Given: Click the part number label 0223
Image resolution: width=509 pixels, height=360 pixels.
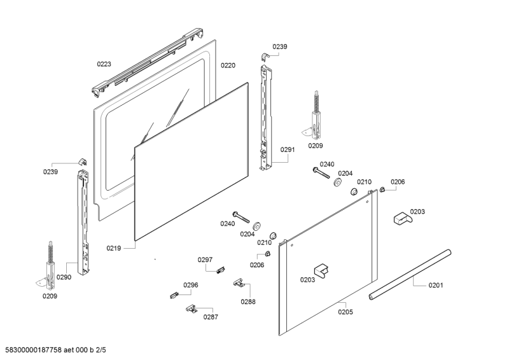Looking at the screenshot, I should pos(104,64).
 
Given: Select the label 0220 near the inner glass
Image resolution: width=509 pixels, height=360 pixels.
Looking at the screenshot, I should pos(228,65).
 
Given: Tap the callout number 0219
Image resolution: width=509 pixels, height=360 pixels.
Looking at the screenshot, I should pos(113,249).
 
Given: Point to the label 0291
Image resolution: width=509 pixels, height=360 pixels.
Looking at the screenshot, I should pos(288,150).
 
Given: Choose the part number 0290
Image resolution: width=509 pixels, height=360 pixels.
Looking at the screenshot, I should pos(64,277).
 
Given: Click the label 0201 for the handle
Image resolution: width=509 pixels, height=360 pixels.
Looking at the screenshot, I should pos(435,285).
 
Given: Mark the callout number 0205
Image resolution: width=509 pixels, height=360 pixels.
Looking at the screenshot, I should pos(345,312).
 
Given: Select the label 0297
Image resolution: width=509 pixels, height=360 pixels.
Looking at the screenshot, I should pos(205,260).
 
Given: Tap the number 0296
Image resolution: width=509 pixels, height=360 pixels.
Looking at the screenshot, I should pos(191,285).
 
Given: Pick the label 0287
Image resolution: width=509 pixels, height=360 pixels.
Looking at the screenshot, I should pos(211,316).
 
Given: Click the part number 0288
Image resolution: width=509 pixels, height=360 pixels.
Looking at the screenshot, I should pos(248,301).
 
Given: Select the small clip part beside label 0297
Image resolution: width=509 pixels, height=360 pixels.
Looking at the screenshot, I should pos(221,270).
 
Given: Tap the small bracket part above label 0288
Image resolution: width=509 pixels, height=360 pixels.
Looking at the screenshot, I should pos(239,281).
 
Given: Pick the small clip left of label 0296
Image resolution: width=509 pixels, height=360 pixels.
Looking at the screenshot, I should pos(172,294).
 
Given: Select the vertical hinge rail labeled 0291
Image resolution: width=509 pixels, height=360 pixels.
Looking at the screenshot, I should pos(266,114).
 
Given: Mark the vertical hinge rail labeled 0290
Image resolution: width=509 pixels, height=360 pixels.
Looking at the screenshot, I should pos(83,216).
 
